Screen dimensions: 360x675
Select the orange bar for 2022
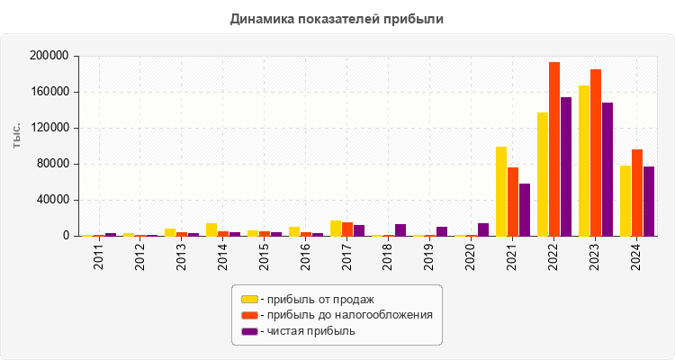(554, 149)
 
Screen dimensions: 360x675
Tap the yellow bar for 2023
(584, 161)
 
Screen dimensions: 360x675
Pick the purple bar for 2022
(566, 166)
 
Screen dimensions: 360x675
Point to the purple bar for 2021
(525, 210)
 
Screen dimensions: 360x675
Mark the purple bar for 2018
(400, 230)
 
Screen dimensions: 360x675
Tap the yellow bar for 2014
(211, 229)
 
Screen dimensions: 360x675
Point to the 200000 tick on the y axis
(50, 56)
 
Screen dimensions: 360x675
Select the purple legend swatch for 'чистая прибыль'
(249, 331)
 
